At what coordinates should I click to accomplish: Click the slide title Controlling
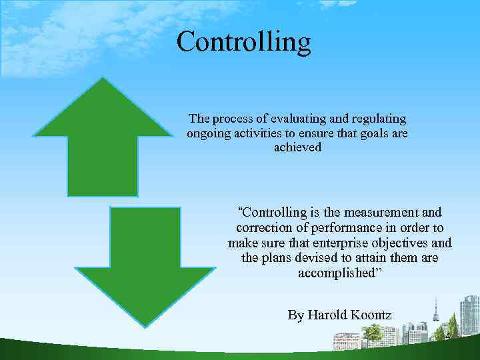pyautogui.click(x=243, y=41)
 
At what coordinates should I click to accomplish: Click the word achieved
pyautogui.click(x=297, y=147)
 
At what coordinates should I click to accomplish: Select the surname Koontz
pyautogui.click(x=371, y=315)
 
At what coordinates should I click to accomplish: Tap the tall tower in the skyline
pyautogui.click(x=436, y=313)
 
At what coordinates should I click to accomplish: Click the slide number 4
pyautogui.click(x=448, y=337)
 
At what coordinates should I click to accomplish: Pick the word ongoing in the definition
pyautogui.click(x=209, y=133)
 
